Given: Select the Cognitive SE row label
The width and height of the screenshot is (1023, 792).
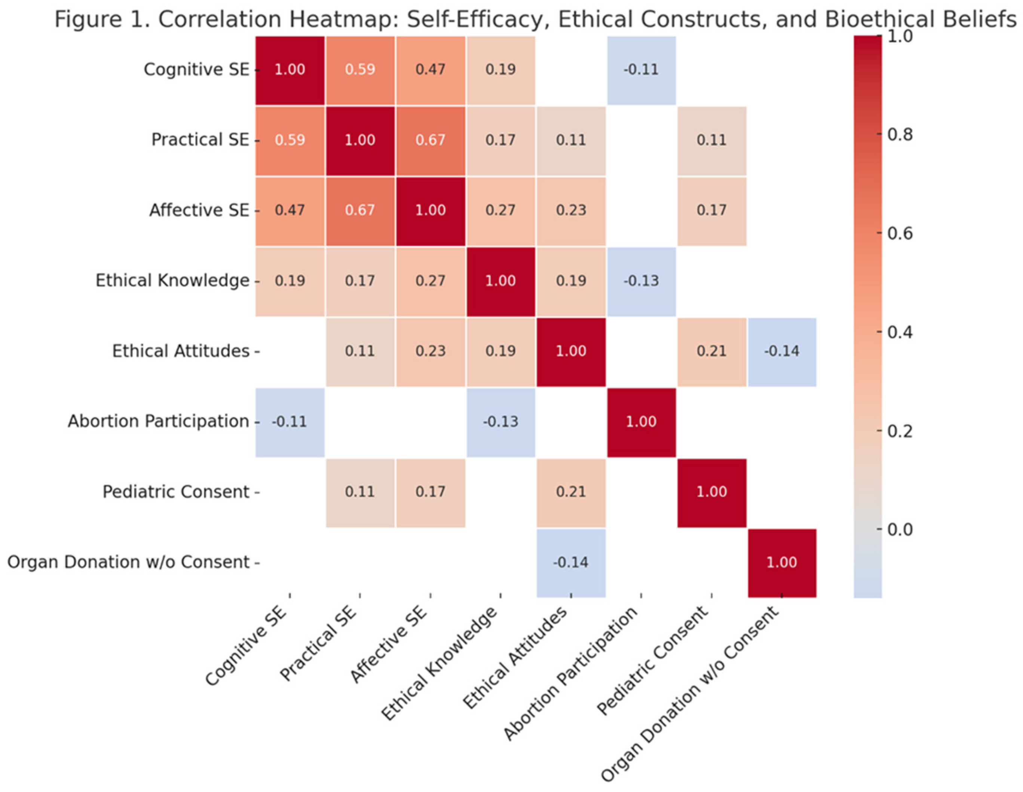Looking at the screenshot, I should click(x=196, y=69).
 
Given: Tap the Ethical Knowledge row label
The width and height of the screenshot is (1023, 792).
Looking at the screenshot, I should click(x=172, y=281).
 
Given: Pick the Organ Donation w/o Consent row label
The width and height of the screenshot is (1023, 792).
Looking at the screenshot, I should click(x=128, y=562).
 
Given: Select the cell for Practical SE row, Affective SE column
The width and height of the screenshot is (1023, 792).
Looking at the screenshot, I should click(x=431, y=140).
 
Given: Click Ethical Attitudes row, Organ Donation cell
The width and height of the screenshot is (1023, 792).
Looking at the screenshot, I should click(x=782, y=351).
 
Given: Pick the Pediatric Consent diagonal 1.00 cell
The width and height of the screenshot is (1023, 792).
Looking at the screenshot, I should click(x=711, y=492).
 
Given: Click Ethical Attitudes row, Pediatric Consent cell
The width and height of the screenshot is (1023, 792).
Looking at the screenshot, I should click(x=711, y=351).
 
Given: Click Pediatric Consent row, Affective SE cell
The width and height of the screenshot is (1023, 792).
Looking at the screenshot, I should click(x=431, y=492).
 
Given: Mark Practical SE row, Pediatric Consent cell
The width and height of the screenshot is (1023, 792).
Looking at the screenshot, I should click(x=711, y=140).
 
